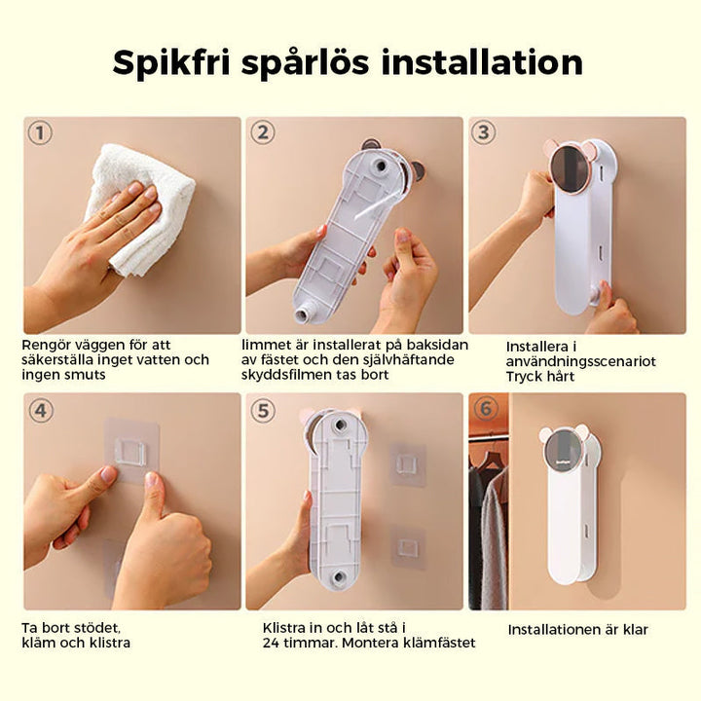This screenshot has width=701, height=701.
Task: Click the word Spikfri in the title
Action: pos(171,63)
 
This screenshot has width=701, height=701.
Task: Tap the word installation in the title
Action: pos(482,61)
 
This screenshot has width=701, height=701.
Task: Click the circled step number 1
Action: pos(40,132)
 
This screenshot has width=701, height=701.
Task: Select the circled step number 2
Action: pos(263,132)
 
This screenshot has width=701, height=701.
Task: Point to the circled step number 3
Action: pos(484,132)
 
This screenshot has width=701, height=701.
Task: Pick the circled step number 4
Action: pos(41,410)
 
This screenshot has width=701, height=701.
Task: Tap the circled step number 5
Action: pos(263,410)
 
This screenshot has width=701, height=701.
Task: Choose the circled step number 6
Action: pos(486,408)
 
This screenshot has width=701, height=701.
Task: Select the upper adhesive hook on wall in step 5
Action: pos(408,463)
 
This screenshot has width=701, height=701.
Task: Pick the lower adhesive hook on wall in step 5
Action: pos(408,548)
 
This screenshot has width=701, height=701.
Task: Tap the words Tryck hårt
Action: pos(540,377)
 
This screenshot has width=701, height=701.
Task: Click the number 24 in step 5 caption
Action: pos(271,643)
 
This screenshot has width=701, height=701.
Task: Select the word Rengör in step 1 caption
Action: pos(48,346)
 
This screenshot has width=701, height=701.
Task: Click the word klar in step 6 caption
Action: pos(634,630)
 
